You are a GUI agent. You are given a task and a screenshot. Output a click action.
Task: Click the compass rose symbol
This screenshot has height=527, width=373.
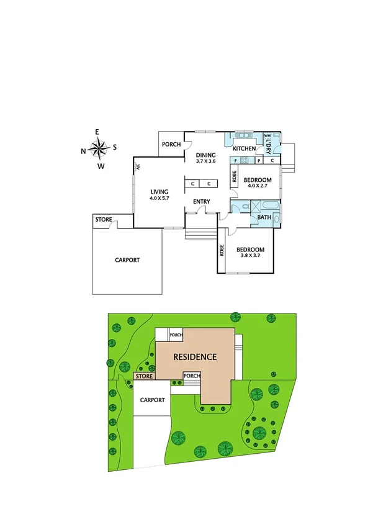click(x=98, y=148)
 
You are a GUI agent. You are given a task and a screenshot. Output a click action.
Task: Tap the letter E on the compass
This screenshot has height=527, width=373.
click(x=97, y=132)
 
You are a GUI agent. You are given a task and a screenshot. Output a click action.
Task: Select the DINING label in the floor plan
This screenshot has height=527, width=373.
click(x=205, y=155)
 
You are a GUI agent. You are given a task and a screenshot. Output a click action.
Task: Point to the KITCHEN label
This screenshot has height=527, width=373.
click(x=244, y=149)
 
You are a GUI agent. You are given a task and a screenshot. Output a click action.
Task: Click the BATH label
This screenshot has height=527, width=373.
click(x=264, y=217)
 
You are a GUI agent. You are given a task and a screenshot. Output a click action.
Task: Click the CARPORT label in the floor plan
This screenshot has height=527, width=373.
click(x=127, y=260)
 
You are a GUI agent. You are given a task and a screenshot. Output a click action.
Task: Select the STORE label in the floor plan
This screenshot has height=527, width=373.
click(x=103, y=220)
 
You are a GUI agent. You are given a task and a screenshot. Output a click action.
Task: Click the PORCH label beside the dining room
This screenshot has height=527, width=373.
click(x=171, y=145)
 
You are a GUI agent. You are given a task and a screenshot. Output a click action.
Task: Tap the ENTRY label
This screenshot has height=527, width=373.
click(x=202, y=202)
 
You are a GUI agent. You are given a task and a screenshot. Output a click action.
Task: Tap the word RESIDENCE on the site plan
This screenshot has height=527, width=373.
click(x=195, y=357)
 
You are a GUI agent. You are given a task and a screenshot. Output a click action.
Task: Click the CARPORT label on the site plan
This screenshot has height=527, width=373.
click(x=152, y=400)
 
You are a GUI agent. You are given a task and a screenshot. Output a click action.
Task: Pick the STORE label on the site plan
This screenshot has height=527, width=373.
click(x=144, y=376)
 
